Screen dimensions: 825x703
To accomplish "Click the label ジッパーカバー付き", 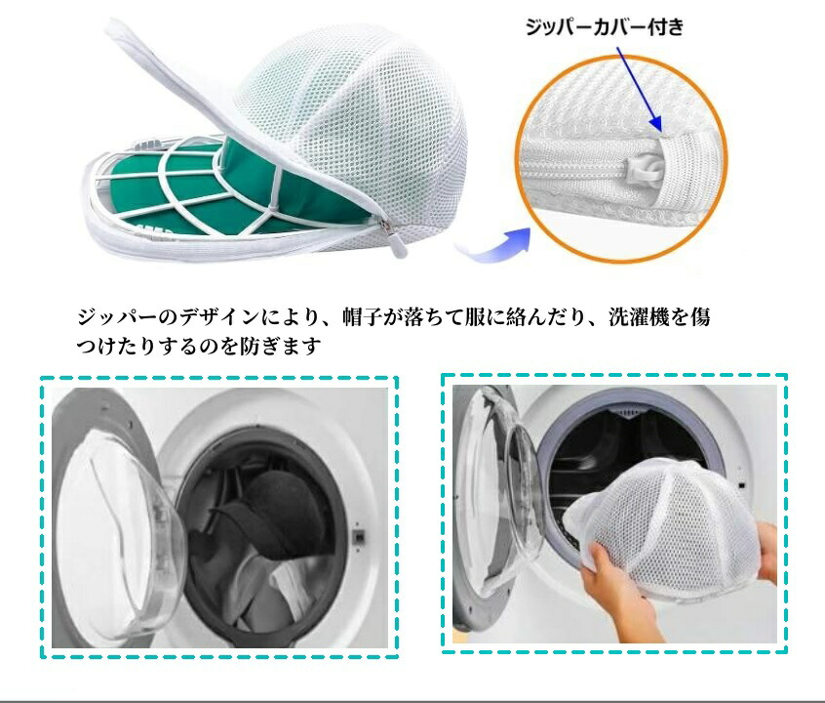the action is point(605,27).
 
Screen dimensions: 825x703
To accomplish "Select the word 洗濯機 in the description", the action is point(648,317).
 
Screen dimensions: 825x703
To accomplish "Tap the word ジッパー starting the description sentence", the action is point(117,317).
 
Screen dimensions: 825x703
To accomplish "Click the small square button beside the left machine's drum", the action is point(360,538).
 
